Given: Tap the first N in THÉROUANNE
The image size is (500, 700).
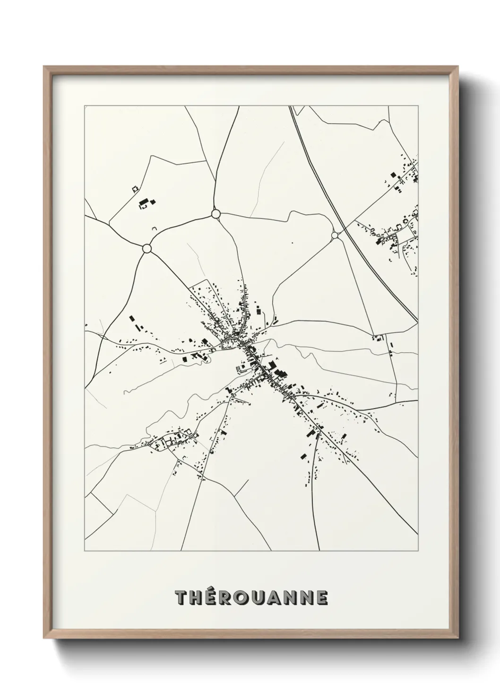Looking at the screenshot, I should pyautogui.click(x=291, y=598).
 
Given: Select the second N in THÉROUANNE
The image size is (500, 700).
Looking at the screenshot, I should pyautogui.click(x=307, y=598).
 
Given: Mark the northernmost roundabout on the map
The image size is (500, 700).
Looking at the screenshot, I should pyautogui.click(x=216, y=214).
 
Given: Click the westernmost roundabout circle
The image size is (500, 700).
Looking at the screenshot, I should pyautogui.click(x=147, y=248).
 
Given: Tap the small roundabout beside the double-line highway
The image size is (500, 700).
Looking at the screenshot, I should pyautogui.click(x=335, y=235).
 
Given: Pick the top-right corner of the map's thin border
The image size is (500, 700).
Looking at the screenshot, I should pyautogui.click(x=418, y=106).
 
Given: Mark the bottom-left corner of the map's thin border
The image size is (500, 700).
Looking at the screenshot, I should pyautogui.click(x=85, y=551).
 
